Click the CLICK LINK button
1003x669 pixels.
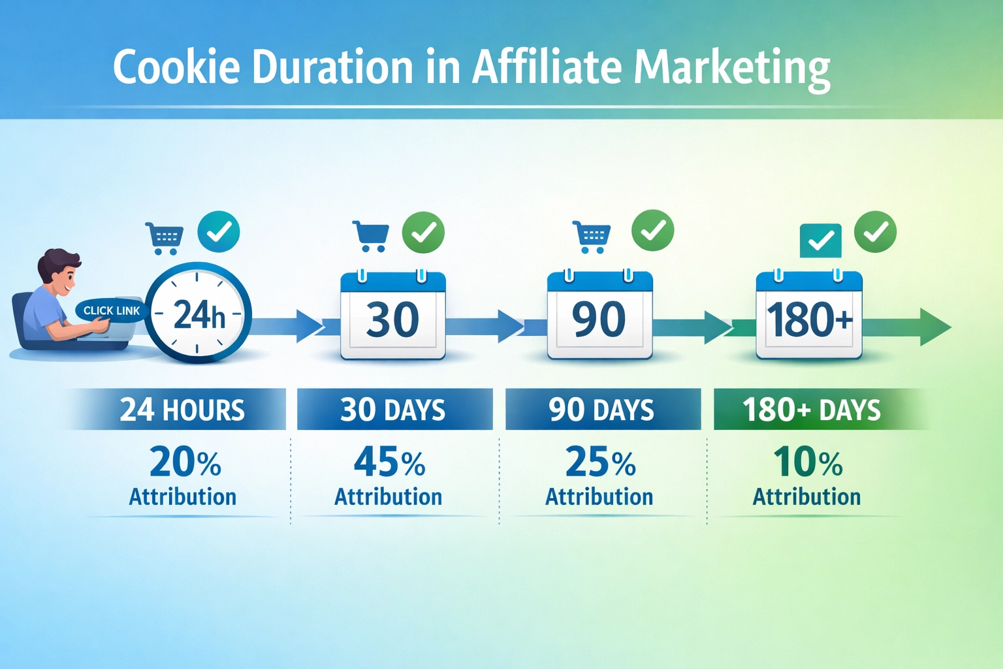click(x=112, y=310)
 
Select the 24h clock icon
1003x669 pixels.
click(x=198, y=313)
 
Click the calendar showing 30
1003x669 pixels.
click(x=392, y=316)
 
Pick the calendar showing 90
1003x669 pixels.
click(x=599, y=316)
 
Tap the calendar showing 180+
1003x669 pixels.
click(x=809, y=316)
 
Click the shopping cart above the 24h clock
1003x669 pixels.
click(x=165, y=238)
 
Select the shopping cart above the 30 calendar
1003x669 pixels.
click(x=371, y=236)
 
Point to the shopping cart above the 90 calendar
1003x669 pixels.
click(x=592, y=237)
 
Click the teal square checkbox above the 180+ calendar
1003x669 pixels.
click(x=821, y=240)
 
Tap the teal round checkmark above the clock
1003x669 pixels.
click(x=219, y=232)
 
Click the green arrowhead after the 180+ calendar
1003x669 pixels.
click(x=934, y=326)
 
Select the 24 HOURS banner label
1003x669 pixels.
click(x=182, y=410)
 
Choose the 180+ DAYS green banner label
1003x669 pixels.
click(x=811, y=410)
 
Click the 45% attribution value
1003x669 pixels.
click(x=389, y=462)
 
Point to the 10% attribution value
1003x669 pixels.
click(x=808, y=462)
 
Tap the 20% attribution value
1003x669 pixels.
click(x=185, y=462)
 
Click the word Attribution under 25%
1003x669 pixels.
click(x=599, y=497)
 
